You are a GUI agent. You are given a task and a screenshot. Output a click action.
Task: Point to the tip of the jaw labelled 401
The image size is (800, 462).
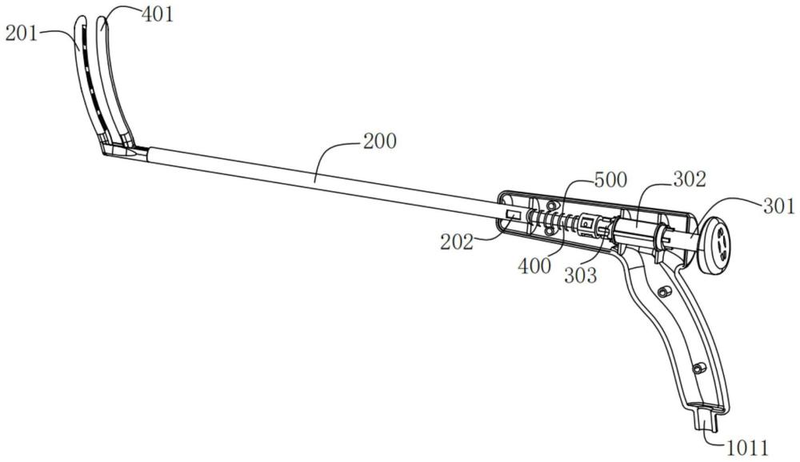(102, 19)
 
